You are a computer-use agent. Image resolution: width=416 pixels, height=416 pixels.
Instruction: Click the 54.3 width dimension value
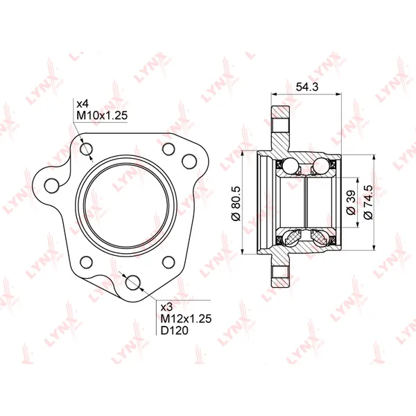pyautogui.click(x=306, y=87)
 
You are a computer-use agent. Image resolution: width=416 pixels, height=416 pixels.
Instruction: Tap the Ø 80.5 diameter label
pyautogui.click(x=236, y=203)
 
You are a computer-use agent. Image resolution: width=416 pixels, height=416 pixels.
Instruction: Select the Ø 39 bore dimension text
pyautogui.click(x=352, y=202)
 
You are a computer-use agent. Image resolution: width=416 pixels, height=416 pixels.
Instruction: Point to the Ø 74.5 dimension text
pyautogui.click(x=369, y=202)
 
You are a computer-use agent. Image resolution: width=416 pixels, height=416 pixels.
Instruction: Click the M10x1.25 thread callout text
pyautogui.click(x=102, y=115)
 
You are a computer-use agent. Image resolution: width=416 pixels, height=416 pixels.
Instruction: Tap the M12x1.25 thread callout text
pyautogui.click(x=187, y=318)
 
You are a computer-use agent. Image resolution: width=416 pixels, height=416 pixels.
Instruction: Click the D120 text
pyautogui.click(x=175, y=331)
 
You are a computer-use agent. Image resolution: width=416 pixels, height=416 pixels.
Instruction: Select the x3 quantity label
pyautogui.click(x=167, y=307)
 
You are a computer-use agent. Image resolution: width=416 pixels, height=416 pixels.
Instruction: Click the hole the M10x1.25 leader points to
pyautogui.click(x=87, y=149)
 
